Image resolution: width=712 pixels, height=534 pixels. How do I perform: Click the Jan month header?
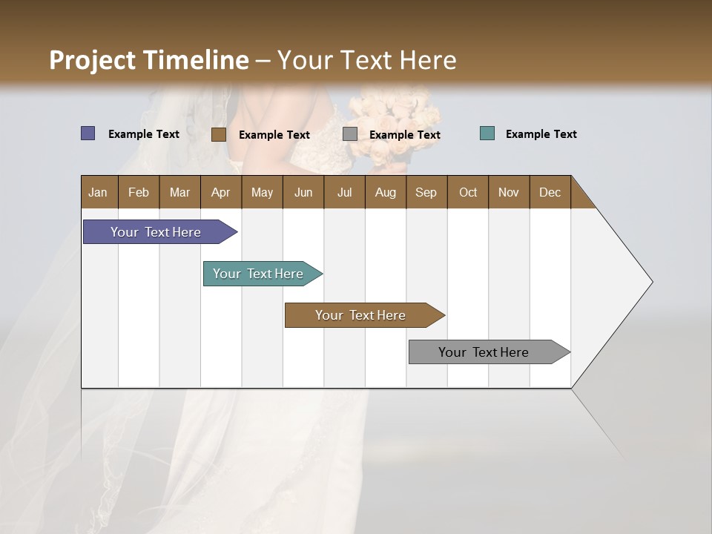coord(99,192)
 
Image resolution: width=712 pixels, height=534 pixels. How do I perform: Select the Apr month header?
coord(221,192)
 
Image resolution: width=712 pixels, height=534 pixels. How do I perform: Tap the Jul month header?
coord(344,192)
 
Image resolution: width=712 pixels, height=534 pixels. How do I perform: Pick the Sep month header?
coord(426,192)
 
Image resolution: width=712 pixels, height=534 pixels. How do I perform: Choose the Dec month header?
coord(550,192)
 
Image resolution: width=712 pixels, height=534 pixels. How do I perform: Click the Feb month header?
coord(139,192)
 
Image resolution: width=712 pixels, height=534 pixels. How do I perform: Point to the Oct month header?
coord(468,192)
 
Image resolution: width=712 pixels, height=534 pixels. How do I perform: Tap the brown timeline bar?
coord(361,315)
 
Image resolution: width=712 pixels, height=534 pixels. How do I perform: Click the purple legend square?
coord(88,133)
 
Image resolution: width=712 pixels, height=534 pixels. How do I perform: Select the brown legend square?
coord(219,134)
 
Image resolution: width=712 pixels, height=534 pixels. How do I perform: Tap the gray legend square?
coord(350,134)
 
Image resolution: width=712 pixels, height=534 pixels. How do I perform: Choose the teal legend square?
coord(487,133)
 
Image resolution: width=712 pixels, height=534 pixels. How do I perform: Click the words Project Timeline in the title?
coord(148,60)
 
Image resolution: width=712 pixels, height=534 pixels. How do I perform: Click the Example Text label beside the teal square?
coord(541,134)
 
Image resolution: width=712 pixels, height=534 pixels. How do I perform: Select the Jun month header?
coord(303,192)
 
